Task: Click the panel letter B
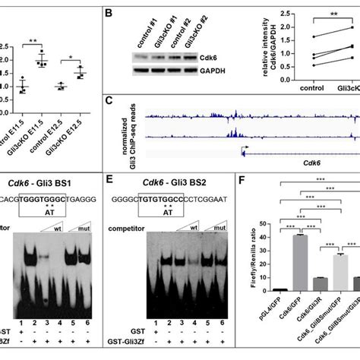click(x=109, y=14)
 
